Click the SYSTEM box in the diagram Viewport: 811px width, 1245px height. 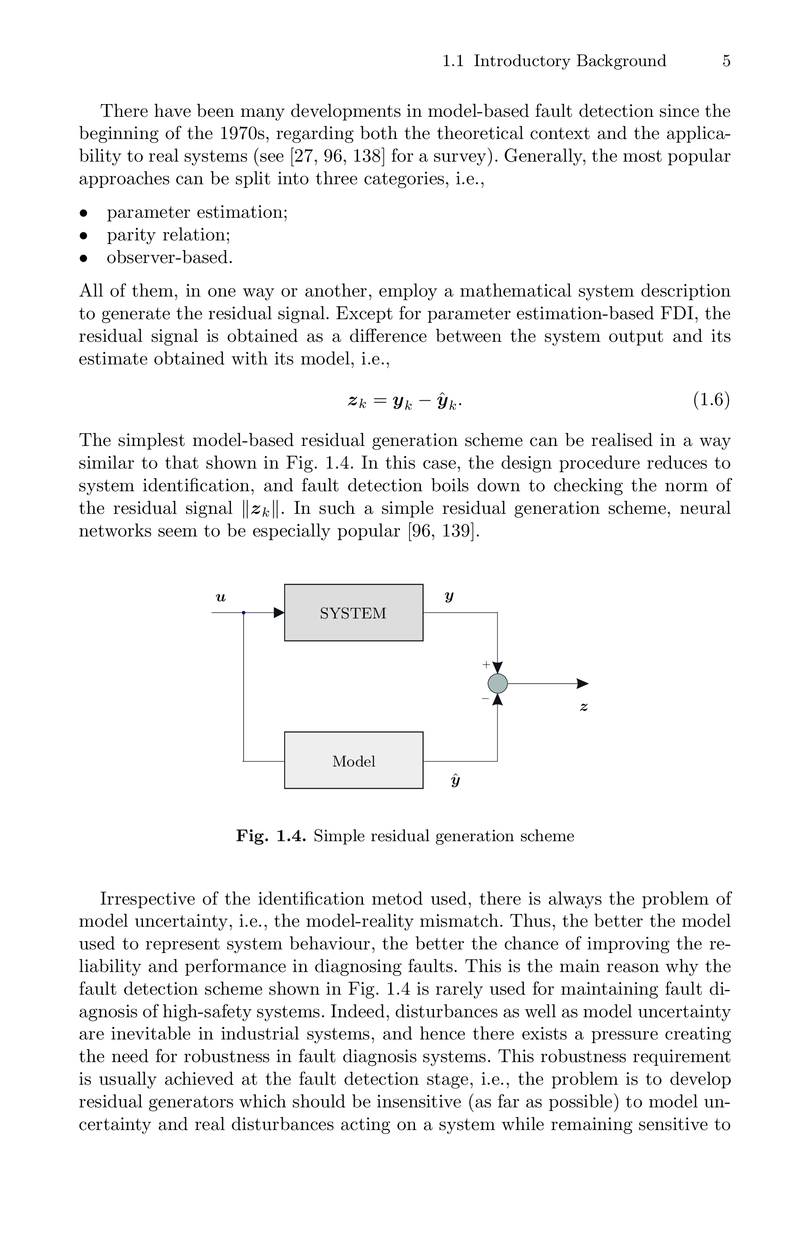coord(353,612)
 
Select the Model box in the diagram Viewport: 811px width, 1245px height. coord(353,760)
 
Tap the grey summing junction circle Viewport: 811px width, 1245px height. coord(497,683)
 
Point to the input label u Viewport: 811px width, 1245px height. coord(221,597)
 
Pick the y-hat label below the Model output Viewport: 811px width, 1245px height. coord(455,781)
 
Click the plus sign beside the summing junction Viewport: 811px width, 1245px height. coord(486,664)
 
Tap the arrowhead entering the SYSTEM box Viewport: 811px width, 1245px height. coord(279,613)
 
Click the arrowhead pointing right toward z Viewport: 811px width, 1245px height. coord(582,683)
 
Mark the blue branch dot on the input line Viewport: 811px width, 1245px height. coord(243,613)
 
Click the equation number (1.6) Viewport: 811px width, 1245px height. coord(711,400)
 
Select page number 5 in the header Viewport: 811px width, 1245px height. coord(726,61)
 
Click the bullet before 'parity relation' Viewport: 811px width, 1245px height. coord(83,235)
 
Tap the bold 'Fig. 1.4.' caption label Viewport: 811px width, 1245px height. coord(271,836)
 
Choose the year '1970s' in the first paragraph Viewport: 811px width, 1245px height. coord(242,134)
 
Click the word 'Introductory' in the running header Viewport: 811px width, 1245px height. coord(521,61)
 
